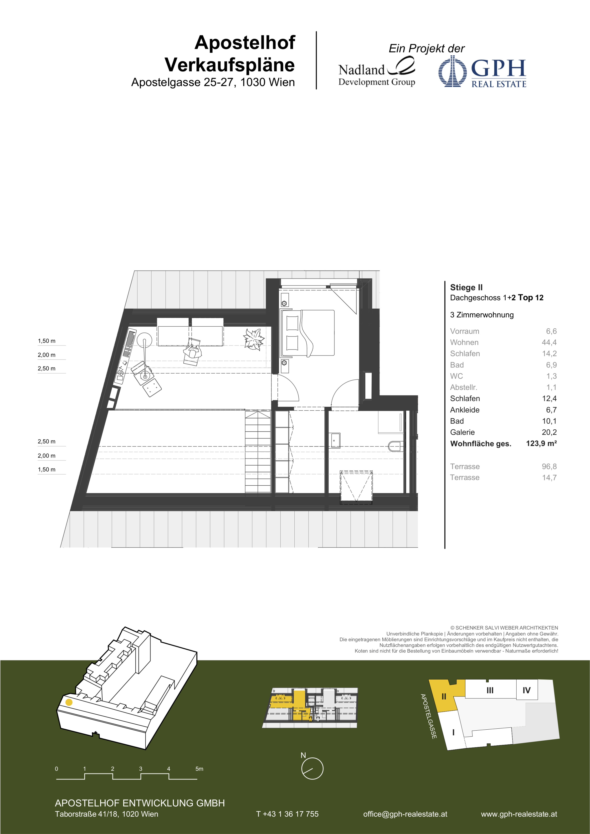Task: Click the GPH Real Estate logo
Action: click(482, 71)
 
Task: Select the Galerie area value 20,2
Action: click(549, 432)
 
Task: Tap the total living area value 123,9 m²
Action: click(541, 443)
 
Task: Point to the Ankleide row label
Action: click(465, 410)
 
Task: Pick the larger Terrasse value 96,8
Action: click(549, 466)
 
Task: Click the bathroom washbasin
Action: click(335, 441)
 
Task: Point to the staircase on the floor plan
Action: click(258, 452)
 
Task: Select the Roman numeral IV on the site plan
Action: click(526, 690)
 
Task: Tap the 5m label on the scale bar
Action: click(200, 769)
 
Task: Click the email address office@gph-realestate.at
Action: click(405, 814)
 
